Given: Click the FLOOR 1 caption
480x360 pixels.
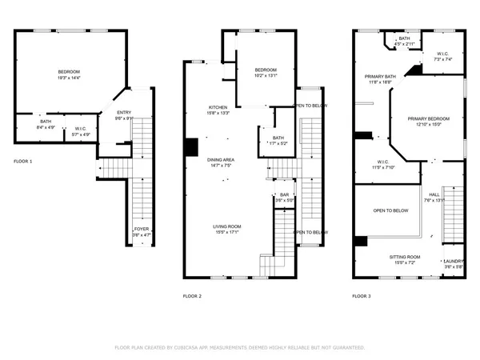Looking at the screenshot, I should (23, 162).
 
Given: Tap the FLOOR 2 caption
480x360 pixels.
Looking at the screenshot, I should (192, 296).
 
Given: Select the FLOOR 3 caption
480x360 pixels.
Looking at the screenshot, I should (362, 296).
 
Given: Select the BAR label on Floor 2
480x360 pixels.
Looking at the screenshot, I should (283, 194).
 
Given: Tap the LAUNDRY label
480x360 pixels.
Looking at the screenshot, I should (454, 261).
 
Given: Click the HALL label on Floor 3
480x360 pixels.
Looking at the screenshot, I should (434, 194).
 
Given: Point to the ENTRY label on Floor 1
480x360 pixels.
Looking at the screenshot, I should (124, 112).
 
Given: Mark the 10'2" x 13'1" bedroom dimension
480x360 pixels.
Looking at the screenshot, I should (266, 77).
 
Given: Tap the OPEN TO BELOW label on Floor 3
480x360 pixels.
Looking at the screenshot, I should (391, 210).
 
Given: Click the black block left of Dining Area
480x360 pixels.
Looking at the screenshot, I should (191, 148).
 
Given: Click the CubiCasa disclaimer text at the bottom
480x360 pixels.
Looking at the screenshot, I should (240, 348).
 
